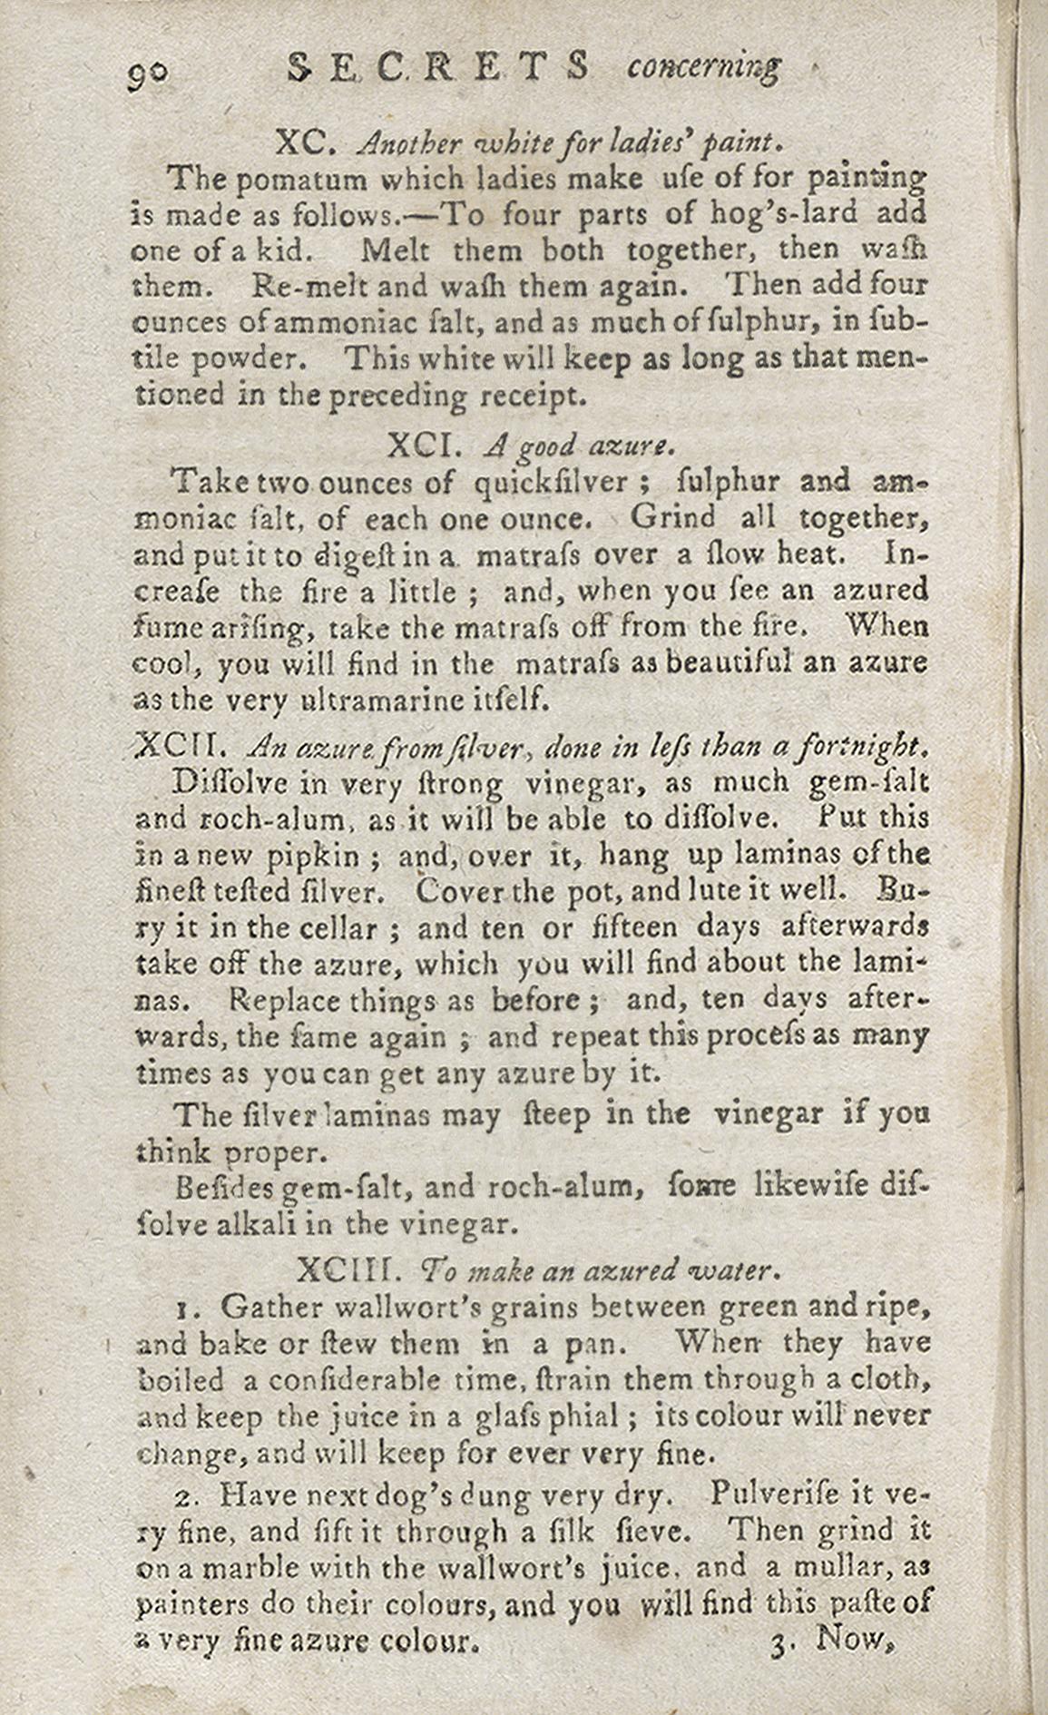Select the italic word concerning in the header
click(703, 67)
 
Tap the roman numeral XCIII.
click(356, 1270)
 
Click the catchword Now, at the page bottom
click(857, 1639)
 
